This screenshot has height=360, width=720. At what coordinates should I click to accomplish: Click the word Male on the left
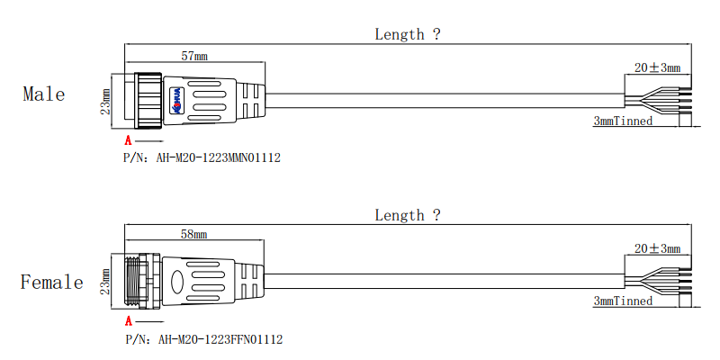point(43,94)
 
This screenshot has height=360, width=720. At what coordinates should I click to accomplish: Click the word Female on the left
point(51,283)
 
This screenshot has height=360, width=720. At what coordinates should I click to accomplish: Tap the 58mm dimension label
point(193,235)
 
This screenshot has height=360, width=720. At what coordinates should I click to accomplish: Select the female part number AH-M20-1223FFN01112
point(220,339)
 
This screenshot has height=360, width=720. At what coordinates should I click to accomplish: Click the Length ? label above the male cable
point(408,34)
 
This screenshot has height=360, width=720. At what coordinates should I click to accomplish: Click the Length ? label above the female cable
point(408,215)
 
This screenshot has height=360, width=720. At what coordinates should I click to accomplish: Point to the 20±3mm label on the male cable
point(657,67)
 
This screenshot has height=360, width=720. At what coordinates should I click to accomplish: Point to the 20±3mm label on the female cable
point(657,248)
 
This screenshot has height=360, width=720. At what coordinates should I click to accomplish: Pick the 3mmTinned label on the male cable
point(623,121)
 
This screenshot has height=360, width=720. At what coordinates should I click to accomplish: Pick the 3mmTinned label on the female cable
point(623,301)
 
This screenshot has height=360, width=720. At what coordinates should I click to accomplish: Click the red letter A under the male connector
point(128,141)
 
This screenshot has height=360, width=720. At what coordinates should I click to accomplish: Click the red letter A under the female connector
point(128,321)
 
